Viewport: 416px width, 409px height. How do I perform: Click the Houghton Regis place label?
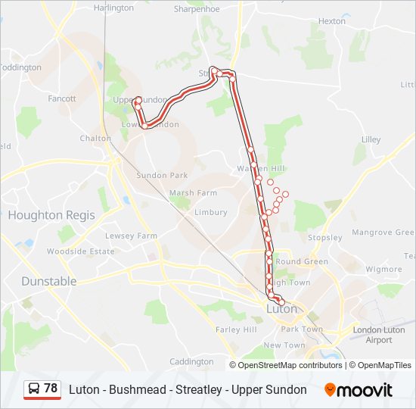[x=51, y=215]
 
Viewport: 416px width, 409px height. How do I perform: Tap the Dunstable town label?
[x=48, y=281]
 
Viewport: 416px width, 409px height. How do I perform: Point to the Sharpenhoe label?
[x=197, y=9]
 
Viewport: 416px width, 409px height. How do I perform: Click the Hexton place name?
[x=331, y=21]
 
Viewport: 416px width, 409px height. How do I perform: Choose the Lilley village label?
[x=371, y=140]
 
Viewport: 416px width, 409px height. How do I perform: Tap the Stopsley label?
[x=326, y=238]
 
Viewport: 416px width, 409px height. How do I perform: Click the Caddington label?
[x=192, y=362]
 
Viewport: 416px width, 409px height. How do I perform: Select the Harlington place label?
[x=113, y=8]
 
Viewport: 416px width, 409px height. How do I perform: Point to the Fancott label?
[x=62, y=99]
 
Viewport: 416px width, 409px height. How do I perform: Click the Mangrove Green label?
[x=383, y=233]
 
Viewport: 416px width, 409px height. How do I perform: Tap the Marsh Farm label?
[x=193, y=193]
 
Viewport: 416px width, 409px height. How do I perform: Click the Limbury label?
[x=211, y=213]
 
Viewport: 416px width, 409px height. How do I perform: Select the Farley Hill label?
[x=237, y=329]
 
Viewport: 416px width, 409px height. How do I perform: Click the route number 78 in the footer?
[x=51, y=389]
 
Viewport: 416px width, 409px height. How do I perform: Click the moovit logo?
[x=359, y=390]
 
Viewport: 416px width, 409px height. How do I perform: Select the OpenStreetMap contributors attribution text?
[x=290, y=365]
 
